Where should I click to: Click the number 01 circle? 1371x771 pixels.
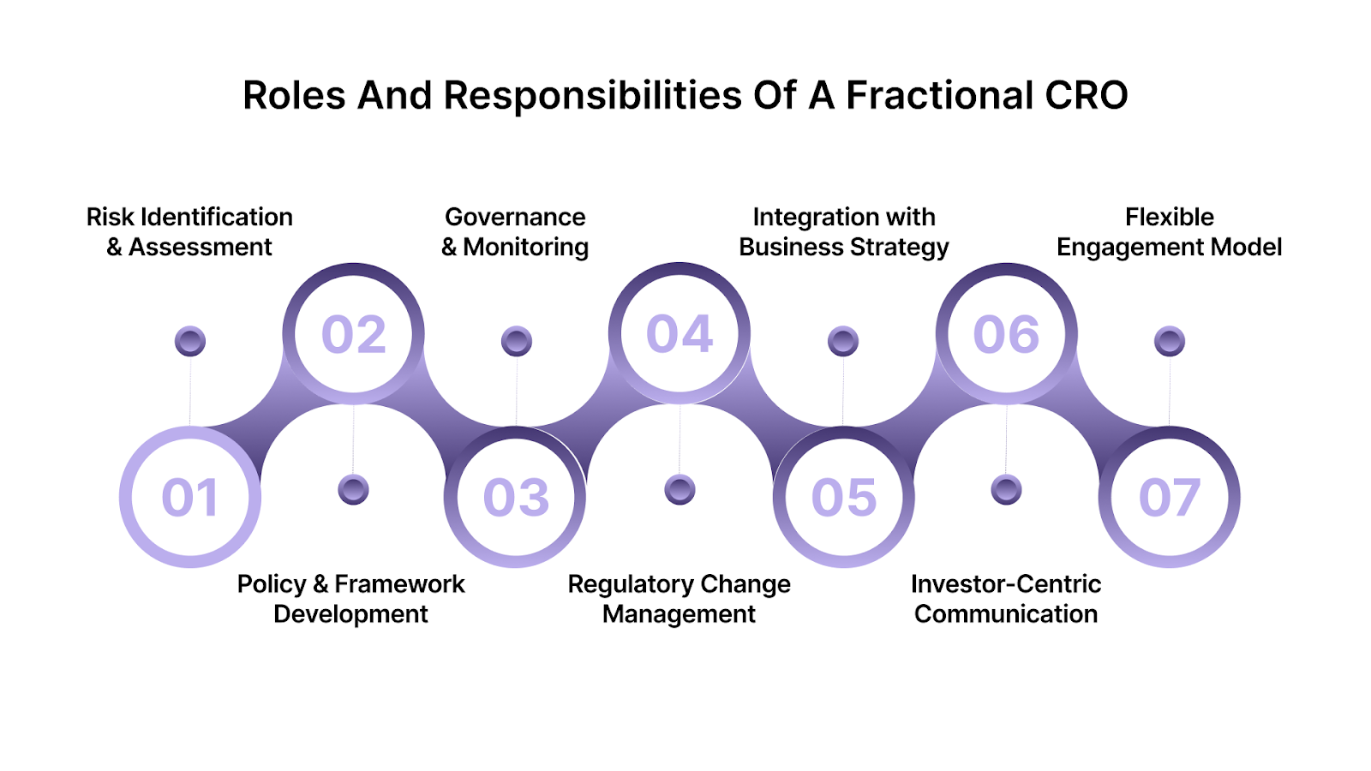click(x=190, y=497)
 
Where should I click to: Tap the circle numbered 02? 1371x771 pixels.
click(x=353, y=334)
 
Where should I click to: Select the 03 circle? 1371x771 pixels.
click(x=516, y=497)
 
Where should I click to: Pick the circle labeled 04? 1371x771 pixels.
click(x=680, y=333)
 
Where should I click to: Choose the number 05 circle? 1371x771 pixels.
click(x=844, y=497)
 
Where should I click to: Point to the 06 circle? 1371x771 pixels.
click(x=1006, y=334)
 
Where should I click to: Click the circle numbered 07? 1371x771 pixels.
click(x=1170, y=497)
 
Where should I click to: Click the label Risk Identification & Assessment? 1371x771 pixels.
click(x=189, y=232)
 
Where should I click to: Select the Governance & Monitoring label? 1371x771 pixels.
click(x=515, y=232)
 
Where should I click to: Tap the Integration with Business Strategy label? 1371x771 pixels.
click(x=844, y=232)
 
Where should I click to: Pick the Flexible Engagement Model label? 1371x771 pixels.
click(x=1170, y=232)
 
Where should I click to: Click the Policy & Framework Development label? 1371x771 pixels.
click(x=350, y=599)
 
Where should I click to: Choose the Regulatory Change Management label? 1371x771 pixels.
click(x=679, y=599)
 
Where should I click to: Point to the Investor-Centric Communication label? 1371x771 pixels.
click(x=1006, y=599)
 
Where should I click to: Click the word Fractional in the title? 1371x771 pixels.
click(x=940, y=95)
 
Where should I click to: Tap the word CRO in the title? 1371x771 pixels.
click(x=1087, y=95)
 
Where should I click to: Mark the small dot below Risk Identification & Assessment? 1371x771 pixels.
click(x=190, y=341)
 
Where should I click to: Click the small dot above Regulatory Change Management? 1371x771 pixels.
click(x=680, y=490)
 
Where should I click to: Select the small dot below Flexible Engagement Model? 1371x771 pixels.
click(x=1170, y=341)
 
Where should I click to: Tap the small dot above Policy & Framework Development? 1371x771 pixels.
click(x=353, y=490)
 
